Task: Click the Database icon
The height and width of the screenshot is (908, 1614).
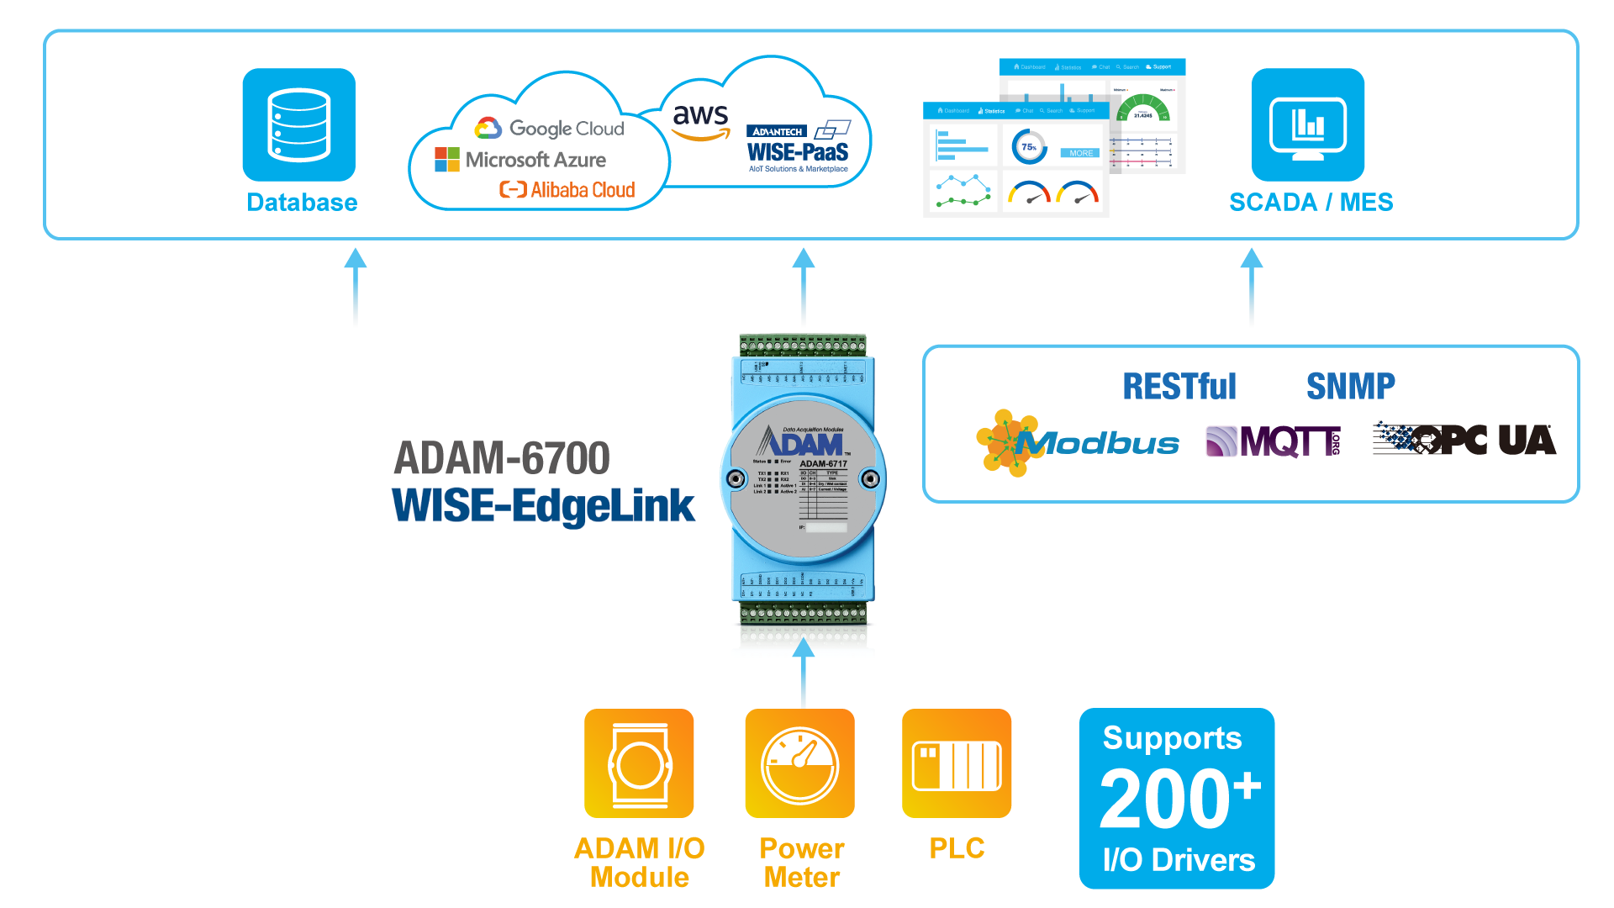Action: pyautogui.click(x=298, y=124)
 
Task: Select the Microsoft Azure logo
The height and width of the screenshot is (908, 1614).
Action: pyautogui.click(x=520, y=160)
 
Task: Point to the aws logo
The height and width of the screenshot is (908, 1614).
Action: pyautogui.click(x=700, y=120)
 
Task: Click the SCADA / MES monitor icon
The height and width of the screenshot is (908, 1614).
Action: pyautogui.click(x=1307, y=124)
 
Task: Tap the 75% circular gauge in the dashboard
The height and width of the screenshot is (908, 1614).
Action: pyautogui.click(x=1028, y=146)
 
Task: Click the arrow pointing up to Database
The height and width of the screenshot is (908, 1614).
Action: pyautogui.click(x=356, y=287)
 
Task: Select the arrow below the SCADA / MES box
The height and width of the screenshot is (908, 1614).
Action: pyautogui.click(x=1252, y=287)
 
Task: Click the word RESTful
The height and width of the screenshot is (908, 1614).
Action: pyautogui.click(x=1179, y=387)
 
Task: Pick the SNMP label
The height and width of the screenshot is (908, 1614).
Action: pyautogui.click(x=1350, y=387)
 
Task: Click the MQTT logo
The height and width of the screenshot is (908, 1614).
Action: pyautogui.click(x=1274, y=441)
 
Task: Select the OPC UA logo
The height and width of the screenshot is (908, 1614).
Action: pyautogui.click(x=1464, y=440)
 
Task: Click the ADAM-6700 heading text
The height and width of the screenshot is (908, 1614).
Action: pyautogui.click(x=502, y=458)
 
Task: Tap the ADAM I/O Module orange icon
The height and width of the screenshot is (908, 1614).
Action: pyautogui.click(x=639, y=763)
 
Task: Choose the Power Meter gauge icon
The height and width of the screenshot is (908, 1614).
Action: pyautogui.click(x=799, y=763)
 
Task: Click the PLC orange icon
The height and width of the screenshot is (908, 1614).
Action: pyautogui.click(x=957, y=763)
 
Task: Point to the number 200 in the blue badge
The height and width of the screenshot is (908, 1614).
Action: pyautogui.click(x=1165, y=799)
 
